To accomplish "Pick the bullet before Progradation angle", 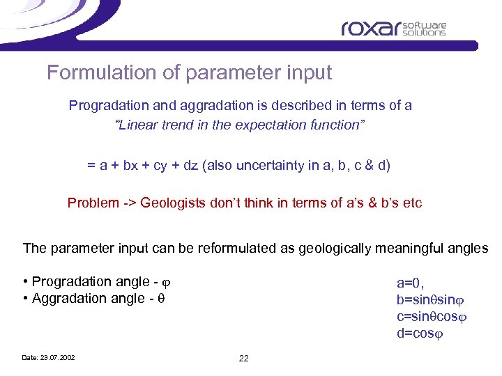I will tap(25, 282).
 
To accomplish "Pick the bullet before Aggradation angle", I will tap(25, 299).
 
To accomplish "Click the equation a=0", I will tap(410, 283).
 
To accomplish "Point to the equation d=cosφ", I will tap(420, 333).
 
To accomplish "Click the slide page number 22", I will tap(243, 358).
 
